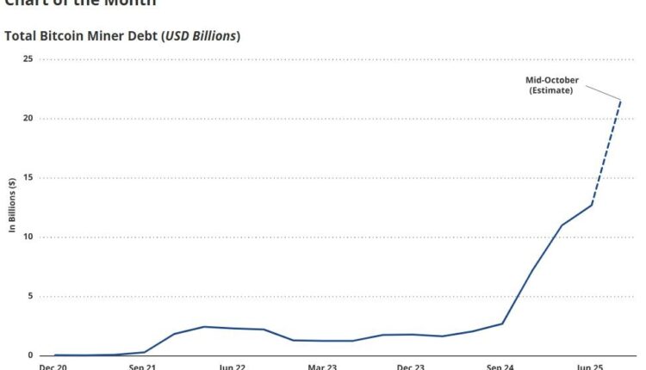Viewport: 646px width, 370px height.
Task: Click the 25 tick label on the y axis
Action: tap(28, 59)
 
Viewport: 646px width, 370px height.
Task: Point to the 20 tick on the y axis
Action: tap(28, 118)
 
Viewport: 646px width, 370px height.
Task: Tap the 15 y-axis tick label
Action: tap(28, 177)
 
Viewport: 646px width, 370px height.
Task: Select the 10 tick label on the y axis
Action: tap(28, 237)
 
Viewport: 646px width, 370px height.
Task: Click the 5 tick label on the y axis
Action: tap(30, 296)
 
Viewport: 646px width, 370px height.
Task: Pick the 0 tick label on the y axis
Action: tap(30, 355)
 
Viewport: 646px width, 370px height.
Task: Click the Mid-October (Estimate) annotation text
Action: tap(552, 85)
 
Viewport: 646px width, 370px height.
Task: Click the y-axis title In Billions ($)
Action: tap(12, 207)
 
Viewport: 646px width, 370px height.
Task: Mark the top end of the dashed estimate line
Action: tap(621, 101)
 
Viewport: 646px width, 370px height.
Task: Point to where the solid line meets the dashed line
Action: tap(592, 204)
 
